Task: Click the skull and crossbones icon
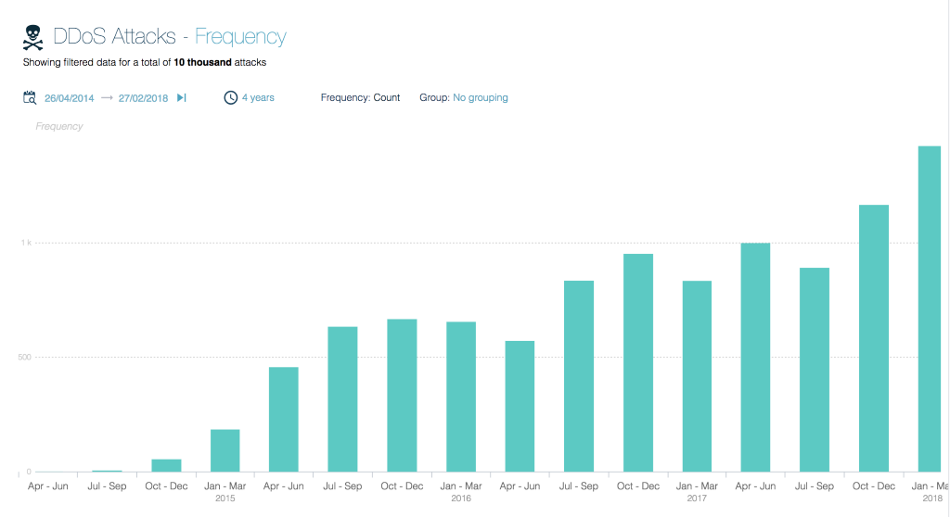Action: tap(33, 37)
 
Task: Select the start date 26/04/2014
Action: tap(69, 97)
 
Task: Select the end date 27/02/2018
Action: tap(143, 97)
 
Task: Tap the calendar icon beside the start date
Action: tap(30, 97)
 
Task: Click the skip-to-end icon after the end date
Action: tap(182, 97)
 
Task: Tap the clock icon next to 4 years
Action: tap(230, 97)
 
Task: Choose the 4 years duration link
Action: tap(258, 97)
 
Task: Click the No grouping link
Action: tap(480, 97)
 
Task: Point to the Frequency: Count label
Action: tap(360, 97)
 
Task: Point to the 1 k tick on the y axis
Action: tap(26, 243)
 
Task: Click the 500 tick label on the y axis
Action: tap(23, 357)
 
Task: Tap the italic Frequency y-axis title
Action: tap(58, 126)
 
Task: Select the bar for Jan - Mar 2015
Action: tap(225, 450)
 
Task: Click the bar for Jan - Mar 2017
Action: tap(697, 376)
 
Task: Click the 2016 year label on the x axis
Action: tap(461, 498)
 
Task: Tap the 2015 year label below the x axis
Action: tap(225, 498)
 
